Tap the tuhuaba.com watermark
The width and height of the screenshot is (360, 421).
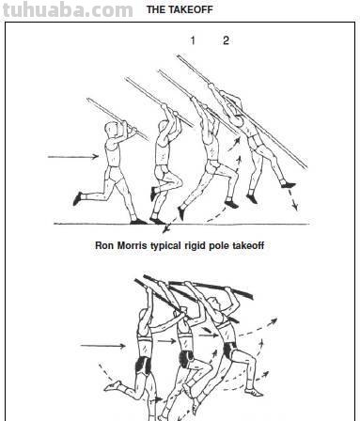pos(68,9)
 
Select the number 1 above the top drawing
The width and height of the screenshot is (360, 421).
pos(193,40)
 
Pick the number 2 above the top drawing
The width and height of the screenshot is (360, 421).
pos(226,40)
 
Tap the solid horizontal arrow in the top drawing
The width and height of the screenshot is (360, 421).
pos(73,156)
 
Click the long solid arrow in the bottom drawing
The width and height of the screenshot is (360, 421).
pos(103,346)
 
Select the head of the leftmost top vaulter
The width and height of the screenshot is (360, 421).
pos(111,130)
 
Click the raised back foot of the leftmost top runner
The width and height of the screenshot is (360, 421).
pos(78,198)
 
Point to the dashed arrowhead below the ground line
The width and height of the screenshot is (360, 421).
pos(166,229)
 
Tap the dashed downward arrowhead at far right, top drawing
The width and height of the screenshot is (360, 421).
pos(294,206)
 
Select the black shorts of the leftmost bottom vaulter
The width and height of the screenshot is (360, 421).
pos(143,365)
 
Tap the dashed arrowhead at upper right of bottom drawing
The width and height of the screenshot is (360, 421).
pos(274,321)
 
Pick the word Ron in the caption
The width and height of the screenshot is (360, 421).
pos(104,245)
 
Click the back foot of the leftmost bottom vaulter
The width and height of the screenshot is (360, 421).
pos(112,385)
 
